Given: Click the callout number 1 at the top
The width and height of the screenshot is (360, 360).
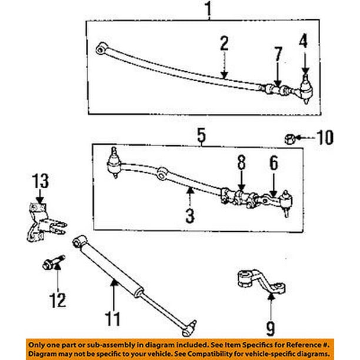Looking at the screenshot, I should click(209, 9).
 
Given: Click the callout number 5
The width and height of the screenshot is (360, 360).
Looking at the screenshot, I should click(201, 136).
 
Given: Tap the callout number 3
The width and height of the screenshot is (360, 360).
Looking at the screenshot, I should click(189, 216).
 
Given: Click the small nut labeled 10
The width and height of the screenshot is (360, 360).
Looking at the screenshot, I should click(289, 138).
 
